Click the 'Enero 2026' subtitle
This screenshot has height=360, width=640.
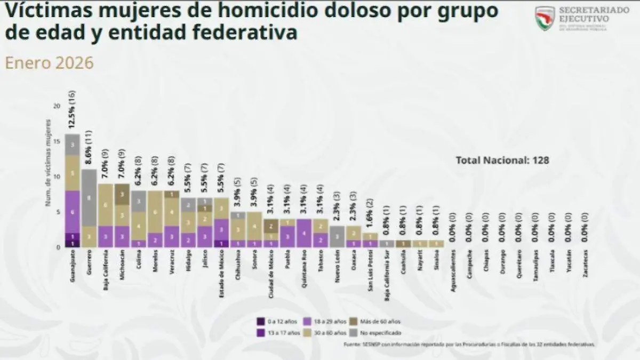50,63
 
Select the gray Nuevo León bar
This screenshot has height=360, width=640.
337,236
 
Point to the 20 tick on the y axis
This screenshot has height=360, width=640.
57,106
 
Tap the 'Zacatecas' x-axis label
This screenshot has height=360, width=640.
586,266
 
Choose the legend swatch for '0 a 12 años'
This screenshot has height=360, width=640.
261,322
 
